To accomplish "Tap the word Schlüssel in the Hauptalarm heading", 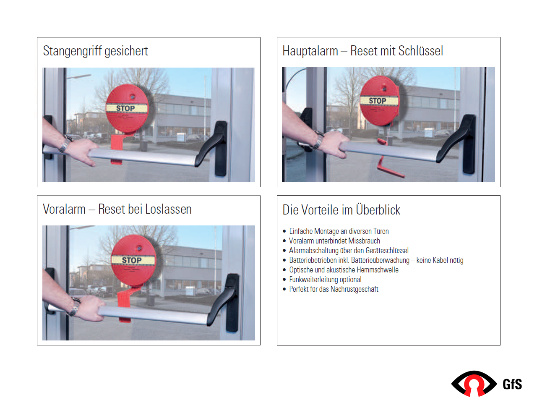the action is click(421, 51).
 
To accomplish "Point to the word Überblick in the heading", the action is click(378, 209).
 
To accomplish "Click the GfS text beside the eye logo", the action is click(512, 384).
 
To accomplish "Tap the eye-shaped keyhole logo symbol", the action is click(474, 383).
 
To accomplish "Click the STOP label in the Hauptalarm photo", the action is click(378, 101).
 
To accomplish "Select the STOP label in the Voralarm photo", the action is click(132, 260).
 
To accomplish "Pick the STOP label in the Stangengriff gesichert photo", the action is click(125, 108).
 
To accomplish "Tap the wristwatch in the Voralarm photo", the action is click(75, 306).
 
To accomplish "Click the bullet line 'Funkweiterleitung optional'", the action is click(325, 280).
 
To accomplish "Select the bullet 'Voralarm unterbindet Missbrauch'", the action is click(334, 241).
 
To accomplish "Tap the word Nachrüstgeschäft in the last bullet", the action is click(354, 289).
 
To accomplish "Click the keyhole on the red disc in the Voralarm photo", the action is click(139, 249).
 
